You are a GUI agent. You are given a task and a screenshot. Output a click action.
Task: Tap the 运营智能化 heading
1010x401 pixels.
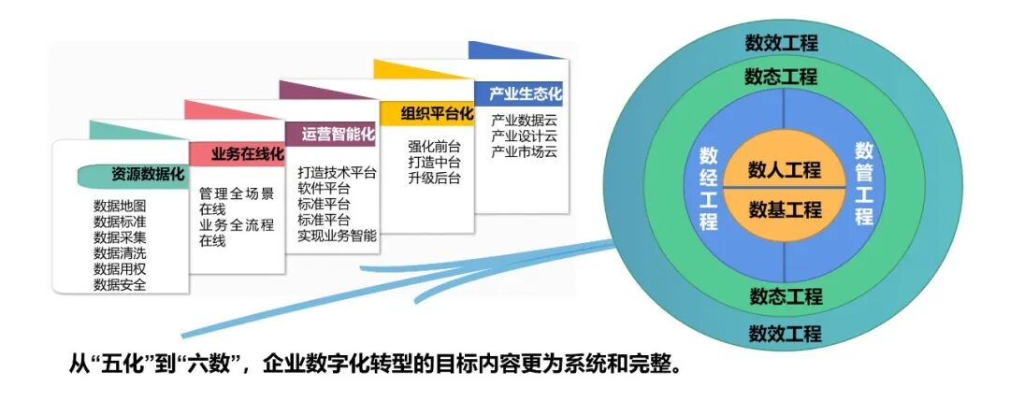click(338, 134)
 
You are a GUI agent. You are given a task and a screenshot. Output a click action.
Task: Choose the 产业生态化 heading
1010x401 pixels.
click(526, 93)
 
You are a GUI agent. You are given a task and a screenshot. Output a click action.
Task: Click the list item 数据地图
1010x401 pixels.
click(120, 205)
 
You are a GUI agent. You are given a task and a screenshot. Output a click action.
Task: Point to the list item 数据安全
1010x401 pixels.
click(120, 284)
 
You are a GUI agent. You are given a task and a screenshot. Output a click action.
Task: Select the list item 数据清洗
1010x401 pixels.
click(120, 252)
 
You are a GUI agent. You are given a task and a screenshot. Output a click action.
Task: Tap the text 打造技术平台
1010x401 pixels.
click(338, 173)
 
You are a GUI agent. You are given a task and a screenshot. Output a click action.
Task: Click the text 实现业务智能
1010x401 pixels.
click(338, 236)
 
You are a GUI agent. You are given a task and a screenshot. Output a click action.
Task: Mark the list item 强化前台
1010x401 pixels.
click(434, 147)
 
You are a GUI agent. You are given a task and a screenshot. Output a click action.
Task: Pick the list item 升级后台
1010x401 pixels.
click(434, 179)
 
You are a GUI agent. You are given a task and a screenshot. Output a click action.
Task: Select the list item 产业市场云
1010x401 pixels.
click(525, 151)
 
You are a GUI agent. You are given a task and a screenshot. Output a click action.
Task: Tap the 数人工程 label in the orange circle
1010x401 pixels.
click(785, 170)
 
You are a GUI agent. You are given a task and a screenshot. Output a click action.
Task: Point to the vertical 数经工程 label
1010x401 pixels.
click(708, 190)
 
